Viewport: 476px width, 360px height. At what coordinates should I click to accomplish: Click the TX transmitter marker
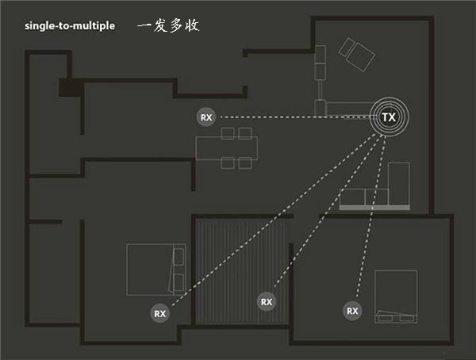tap(389, 117)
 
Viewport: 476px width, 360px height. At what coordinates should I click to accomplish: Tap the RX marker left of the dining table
tap(206, 117)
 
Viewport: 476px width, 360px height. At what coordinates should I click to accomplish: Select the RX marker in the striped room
tap(266, 301)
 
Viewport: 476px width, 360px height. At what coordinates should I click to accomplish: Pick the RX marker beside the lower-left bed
tap(160, 313)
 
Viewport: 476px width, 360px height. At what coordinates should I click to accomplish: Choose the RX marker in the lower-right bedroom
tap(352, 310)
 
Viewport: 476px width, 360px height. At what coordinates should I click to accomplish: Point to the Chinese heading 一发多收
tap(167, 25)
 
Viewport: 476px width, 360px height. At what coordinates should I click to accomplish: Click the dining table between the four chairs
tap(227, 147)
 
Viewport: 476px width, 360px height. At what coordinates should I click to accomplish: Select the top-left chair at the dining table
tap(226, 132)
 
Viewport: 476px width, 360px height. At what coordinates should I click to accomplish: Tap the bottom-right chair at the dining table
tap(245, 163)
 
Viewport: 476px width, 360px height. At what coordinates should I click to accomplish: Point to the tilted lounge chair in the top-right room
tap(356, 55)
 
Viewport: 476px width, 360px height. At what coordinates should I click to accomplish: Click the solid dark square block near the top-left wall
tap(69, 87)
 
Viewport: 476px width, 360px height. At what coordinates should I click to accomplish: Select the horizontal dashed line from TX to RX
tap(294, 117)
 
